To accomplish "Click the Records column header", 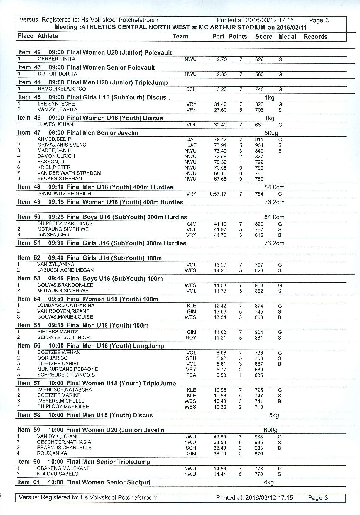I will (x=315, y=37).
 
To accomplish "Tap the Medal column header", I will (x=287, y=37).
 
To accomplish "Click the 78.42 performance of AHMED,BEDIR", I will (x=220, y=140).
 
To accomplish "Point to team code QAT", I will (x=191, y=140).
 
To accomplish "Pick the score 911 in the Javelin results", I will (x=259, y=140).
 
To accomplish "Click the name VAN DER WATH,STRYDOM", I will (x=69, y=173).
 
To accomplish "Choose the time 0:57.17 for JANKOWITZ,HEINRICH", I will (x=218, y=194).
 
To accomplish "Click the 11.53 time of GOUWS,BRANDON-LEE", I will (x=220, y=285).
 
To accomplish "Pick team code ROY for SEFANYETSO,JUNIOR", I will (x=191, y=338).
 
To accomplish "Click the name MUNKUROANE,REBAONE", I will (x=67, y=369).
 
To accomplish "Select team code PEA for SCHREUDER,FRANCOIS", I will (x=191, y=375).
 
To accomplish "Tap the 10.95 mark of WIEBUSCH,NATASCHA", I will (x=220, y=390).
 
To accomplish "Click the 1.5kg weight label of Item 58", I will (x=271, y=415).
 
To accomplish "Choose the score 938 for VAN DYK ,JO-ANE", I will (x=259, y=437).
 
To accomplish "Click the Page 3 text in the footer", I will (x=318, y=498).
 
